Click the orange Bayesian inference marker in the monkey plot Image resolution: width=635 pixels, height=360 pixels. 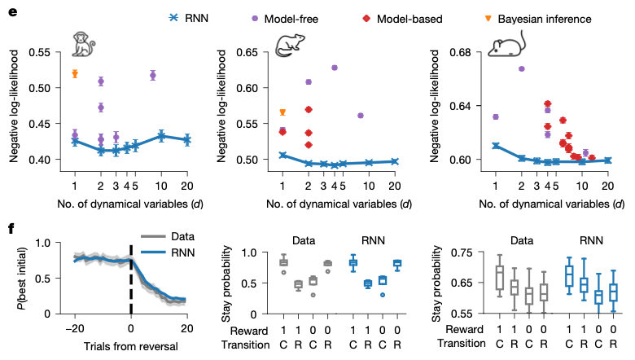(75, 73)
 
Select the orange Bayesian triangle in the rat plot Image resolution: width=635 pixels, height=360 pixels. (282, 112)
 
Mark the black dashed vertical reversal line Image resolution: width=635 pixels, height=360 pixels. (131, 278)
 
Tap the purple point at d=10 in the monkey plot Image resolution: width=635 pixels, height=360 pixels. (152, 75)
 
